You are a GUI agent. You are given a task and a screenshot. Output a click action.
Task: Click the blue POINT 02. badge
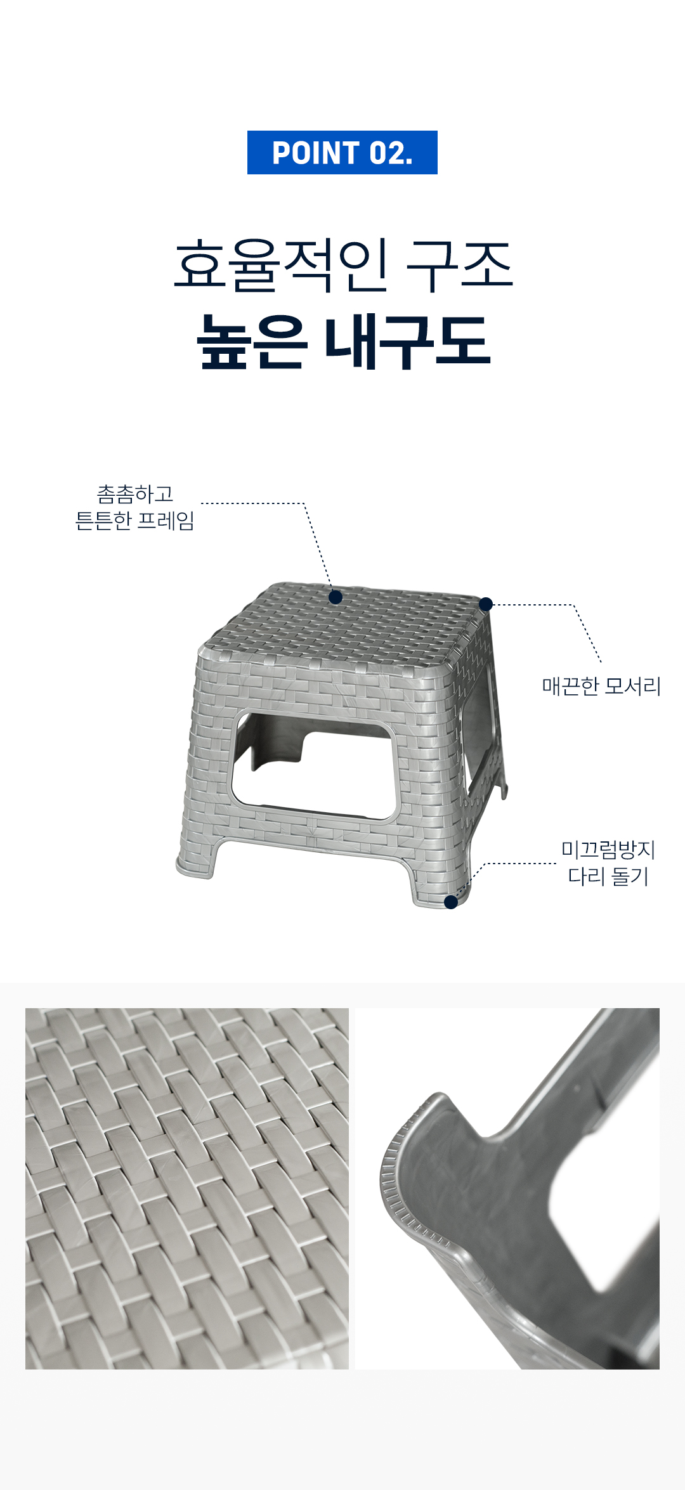[342, 152]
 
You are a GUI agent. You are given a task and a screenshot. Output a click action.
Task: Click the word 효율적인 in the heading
[281, 266]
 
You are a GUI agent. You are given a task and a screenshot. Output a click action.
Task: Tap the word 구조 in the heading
[459, 266]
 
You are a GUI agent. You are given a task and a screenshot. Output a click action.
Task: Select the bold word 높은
[252, 342]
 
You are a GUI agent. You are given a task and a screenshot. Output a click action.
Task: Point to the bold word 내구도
[408, 342]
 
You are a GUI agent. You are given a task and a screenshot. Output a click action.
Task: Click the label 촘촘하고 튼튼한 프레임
[134, 507]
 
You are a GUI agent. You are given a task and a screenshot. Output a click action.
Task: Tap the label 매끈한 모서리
[601, 686]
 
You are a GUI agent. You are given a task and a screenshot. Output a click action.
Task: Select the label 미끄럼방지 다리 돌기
[608, 863]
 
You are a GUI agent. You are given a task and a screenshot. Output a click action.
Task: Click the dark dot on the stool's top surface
[336, 597]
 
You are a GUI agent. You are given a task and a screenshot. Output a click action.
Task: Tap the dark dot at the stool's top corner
[486, 604]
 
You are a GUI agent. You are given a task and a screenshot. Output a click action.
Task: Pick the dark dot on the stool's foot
[451, 902]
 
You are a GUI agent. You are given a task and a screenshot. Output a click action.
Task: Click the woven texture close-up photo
[187, 1189]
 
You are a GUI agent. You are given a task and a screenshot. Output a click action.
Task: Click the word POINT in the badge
[316, 153]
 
